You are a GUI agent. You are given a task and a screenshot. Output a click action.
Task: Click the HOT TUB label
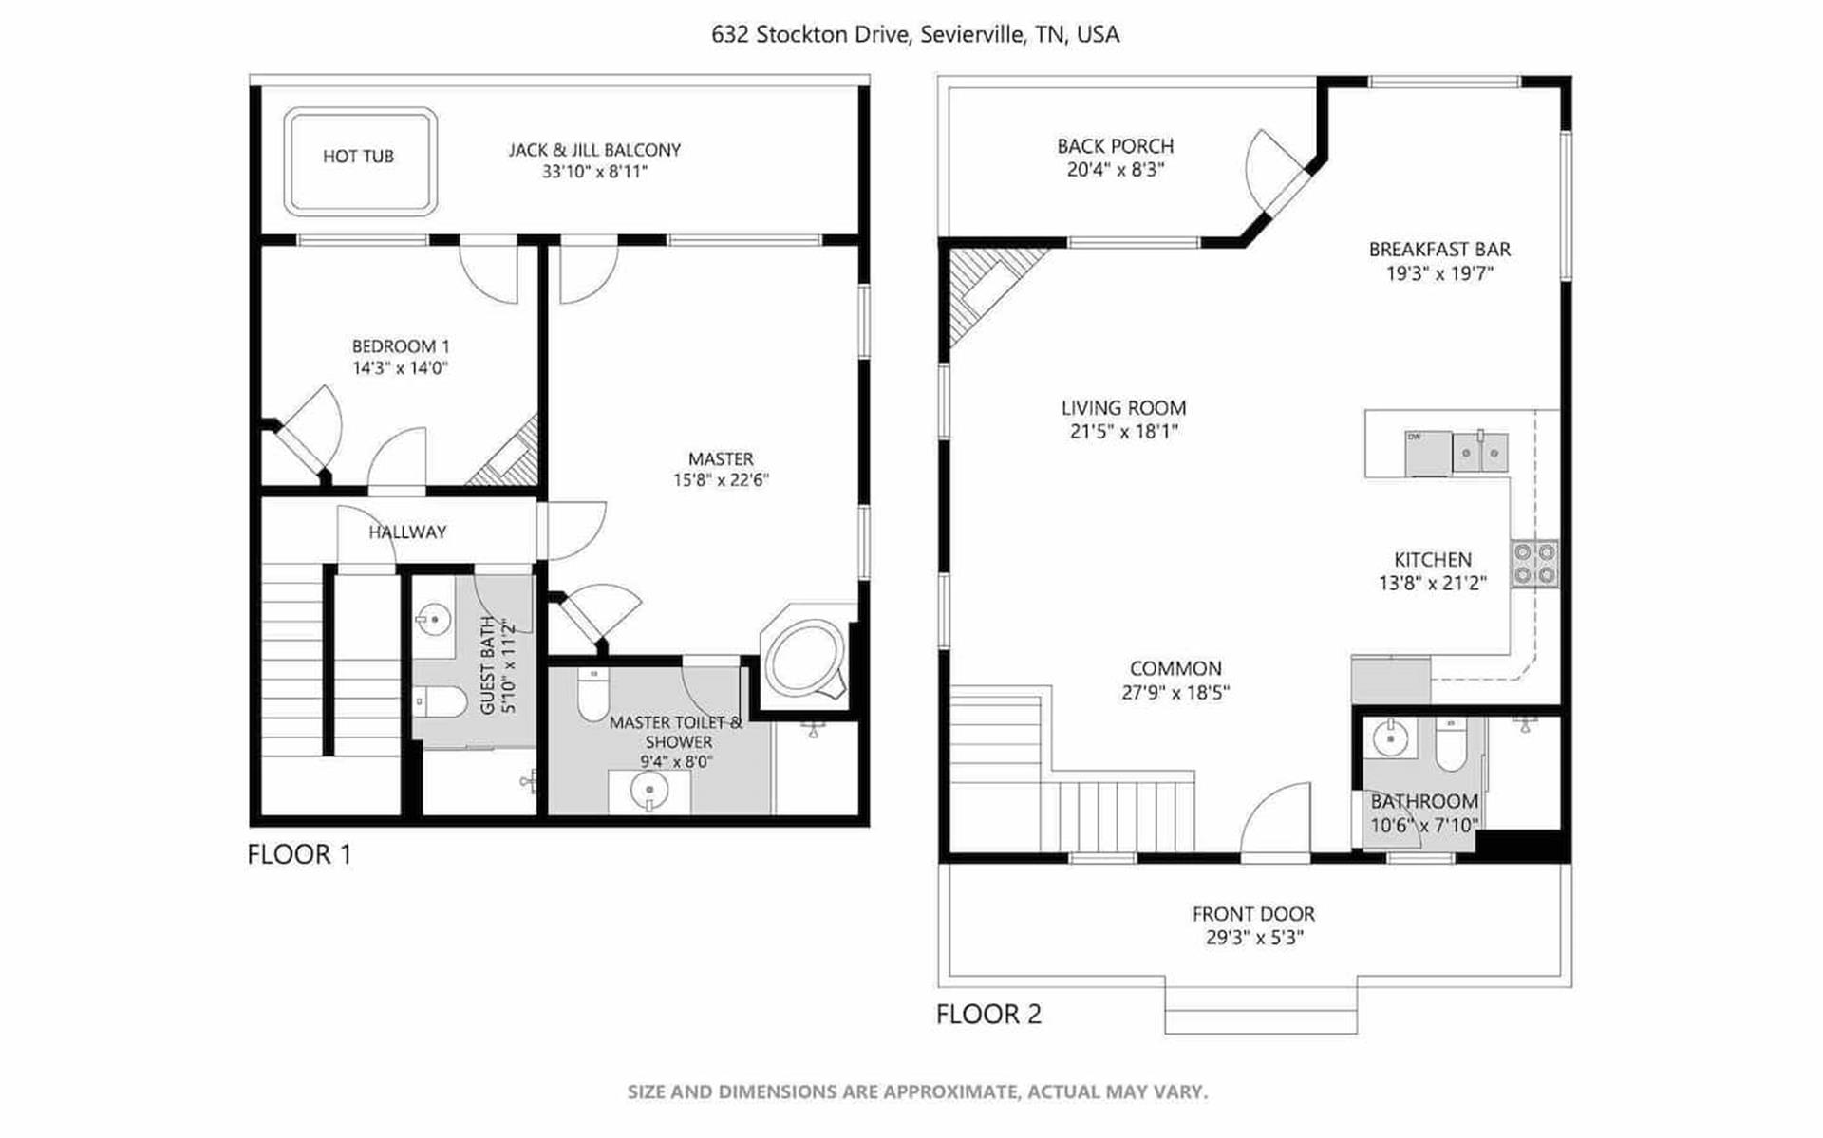pyautogui.click(x=358, y=157)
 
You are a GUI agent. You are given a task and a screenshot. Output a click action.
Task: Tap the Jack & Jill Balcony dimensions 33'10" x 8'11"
pyautogui.click(x=594, y=172)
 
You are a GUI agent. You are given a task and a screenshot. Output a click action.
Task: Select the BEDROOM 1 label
pyautogui.click(x=401, y=346)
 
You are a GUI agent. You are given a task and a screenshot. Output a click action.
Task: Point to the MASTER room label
pyautogui.click(x=721, y=459)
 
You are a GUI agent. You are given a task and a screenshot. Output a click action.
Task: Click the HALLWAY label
pyautogui.click(x=407, y=532)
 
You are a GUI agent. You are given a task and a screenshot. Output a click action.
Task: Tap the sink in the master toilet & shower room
pyautogui.click(x=649, y=791)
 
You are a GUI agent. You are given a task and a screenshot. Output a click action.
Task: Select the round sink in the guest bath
pyautogui.click(x=433, y=620)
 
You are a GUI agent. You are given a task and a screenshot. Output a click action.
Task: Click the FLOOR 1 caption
pyautogui.click(x=299, y=854)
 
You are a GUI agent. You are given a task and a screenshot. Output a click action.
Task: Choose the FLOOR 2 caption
pyautogui.click(x=988, y=1015)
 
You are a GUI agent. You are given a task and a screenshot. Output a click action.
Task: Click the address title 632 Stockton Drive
pyautogui.click(x=915, y=35)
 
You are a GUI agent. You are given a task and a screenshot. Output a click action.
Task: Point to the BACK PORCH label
pyautogui.click(x=1116, y=146)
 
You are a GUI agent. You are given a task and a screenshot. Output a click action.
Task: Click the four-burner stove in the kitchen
pyautogui.click(x=1534, y=563)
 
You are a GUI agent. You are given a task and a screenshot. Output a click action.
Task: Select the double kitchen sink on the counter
pyautogui.click(x=1479, y=453)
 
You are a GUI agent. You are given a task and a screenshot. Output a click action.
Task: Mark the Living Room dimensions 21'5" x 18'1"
pyautogui.click(x=1123, y=432)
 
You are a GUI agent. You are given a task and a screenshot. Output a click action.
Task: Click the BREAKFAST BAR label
pyautogui.click(x=1439, y=250)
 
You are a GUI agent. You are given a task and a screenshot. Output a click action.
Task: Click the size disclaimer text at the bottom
pyautogui.click(x=917, y=1092)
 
